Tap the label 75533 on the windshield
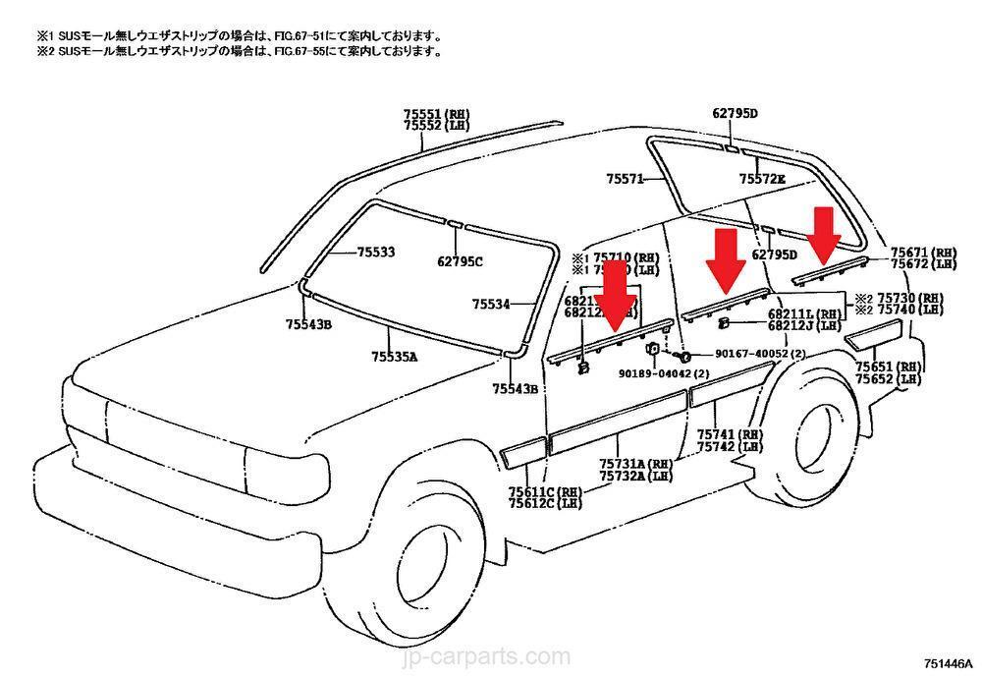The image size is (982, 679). pyautogui.click(x=375, y=253)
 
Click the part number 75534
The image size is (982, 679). pyautogui.click(x=492, y=304)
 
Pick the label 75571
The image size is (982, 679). pyautogui.click(x=626, y=179)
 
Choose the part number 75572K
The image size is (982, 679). pyautogui.click(x=762, y=179)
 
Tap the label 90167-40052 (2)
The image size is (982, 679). pyautogui.click(x=745, y=354)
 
